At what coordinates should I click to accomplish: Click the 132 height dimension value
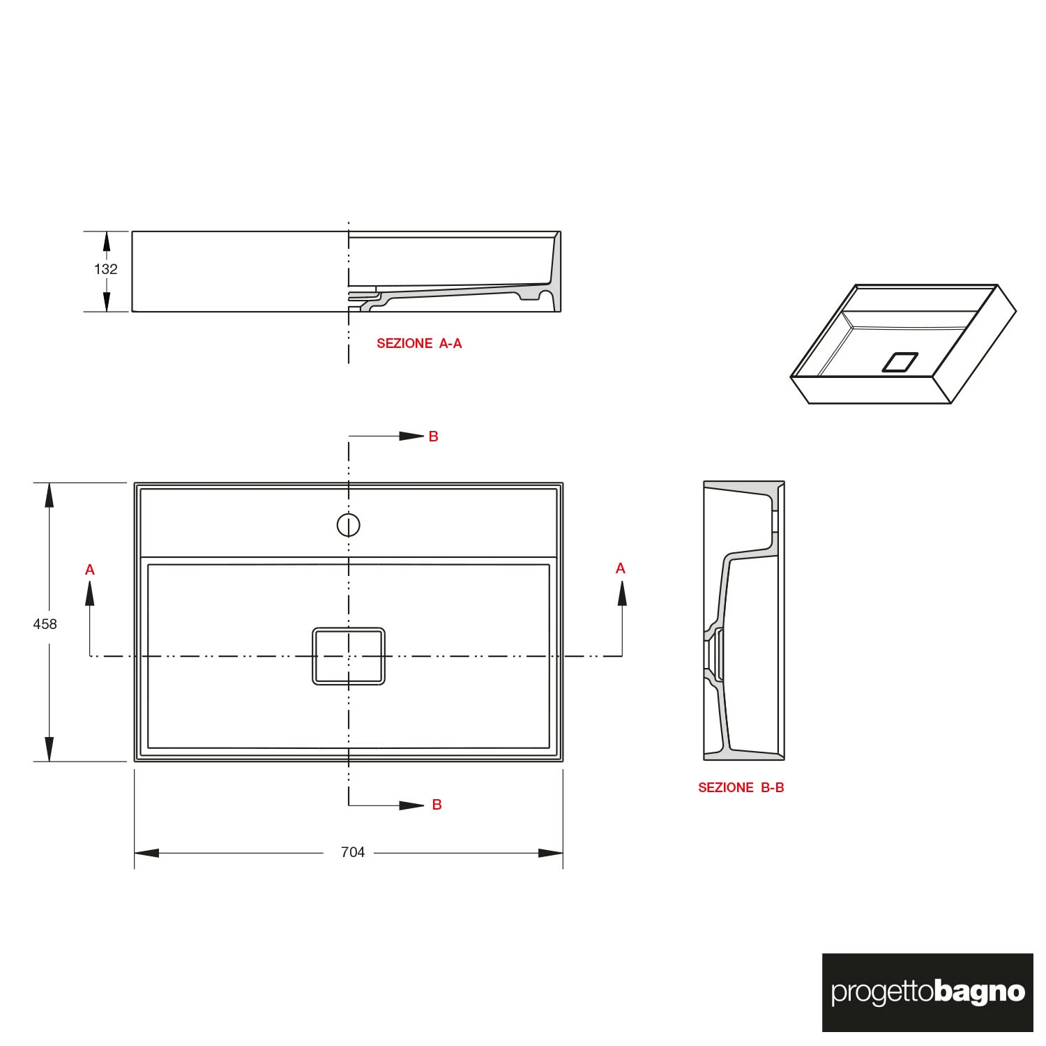[106, 269]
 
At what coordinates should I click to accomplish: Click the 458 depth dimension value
[45, 624]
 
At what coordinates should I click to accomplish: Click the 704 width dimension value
[353, 852]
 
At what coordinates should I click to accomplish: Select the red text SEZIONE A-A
[419, 343]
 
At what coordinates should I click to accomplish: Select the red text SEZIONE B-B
[741, 787]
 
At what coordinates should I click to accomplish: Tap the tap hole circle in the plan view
[349, 525]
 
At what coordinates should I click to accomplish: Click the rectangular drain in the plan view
[349, 656]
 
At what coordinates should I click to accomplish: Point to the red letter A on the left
[90, 570]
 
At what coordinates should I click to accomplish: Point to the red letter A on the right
[621, 568]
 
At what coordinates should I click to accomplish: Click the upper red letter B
[434, 437]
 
